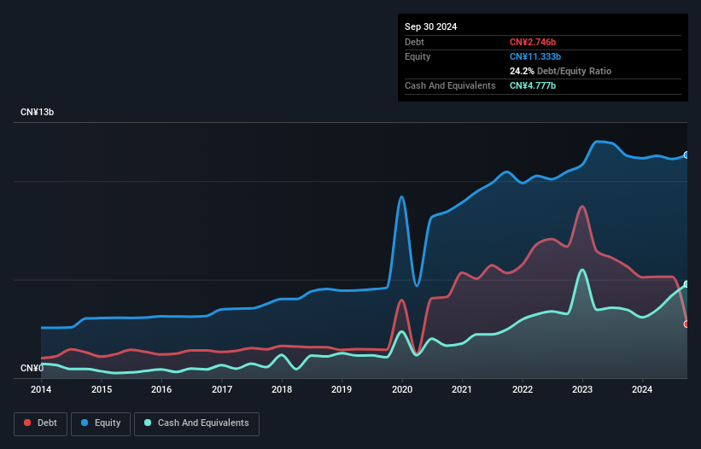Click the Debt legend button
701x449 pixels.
point(41,423)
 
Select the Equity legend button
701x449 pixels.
point(101,423)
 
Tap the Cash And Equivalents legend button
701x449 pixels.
point(196,423)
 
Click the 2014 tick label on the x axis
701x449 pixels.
point(41,389)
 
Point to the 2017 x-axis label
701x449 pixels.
point(222,389)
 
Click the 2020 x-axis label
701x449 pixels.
point(402,389)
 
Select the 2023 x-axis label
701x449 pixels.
point(582,389)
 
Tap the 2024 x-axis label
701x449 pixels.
point(642,389)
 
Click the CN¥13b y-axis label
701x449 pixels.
point(37,112)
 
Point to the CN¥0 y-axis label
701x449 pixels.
point(32,368)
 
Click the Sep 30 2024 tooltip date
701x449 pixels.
point(430,26)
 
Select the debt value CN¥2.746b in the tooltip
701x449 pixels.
point(533,42)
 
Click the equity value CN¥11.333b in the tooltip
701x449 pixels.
point(535,56)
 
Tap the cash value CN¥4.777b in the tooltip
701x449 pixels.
point(533,85)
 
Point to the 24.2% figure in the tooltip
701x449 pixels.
point(522,71)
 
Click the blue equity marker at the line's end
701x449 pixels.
point(686,155)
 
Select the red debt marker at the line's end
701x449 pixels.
point(686,324)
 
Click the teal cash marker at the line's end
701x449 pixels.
point(686,284)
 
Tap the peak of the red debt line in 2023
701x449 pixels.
point(581,207)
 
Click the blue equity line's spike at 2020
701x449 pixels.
point(401,197)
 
